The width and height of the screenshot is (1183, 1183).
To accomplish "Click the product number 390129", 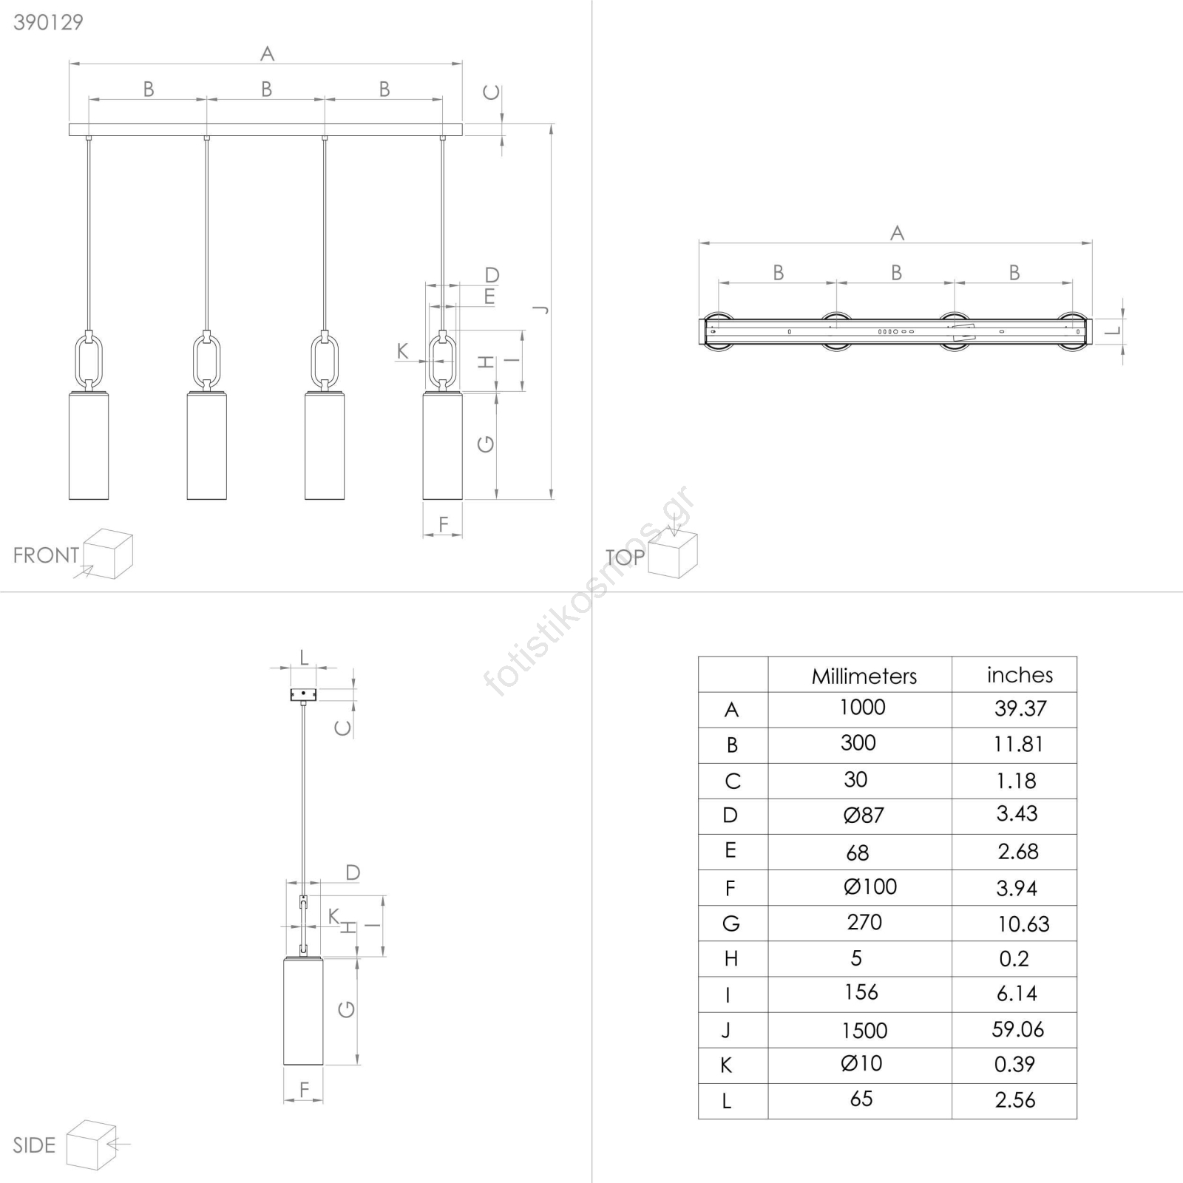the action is coord(48,22).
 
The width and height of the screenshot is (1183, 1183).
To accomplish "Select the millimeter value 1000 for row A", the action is coord(862,708).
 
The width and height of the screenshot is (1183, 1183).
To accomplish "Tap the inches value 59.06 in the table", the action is coord(1018,1029).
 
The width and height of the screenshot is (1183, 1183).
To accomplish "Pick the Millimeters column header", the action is coord(864,676).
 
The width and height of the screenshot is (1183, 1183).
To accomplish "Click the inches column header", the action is coord(1020,674).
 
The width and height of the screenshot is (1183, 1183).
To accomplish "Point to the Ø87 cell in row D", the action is coord(864,815).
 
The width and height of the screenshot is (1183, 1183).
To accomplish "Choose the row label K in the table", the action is coord(726,1065).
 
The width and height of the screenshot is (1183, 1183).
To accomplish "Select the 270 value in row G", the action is coord(864,922).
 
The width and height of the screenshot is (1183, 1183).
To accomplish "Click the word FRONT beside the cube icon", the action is coord(46,555).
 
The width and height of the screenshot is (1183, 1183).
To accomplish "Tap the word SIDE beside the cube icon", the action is coord(34,1145).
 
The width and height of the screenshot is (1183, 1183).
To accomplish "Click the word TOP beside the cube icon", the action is coord(625,557).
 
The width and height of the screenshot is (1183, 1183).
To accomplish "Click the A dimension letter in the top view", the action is coord(897,234).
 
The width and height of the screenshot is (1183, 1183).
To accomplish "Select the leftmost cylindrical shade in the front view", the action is coord(89,446).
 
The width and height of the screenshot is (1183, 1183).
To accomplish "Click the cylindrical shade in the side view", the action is coord(303,1011).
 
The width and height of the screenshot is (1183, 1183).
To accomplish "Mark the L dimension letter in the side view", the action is coord(303,657).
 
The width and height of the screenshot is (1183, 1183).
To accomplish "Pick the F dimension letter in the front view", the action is coord(443,524).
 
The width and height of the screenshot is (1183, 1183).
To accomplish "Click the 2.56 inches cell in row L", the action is coord(1015,1100).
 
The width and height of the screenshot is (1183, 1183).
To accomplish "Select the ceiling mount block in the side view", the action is coord(303,694).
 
